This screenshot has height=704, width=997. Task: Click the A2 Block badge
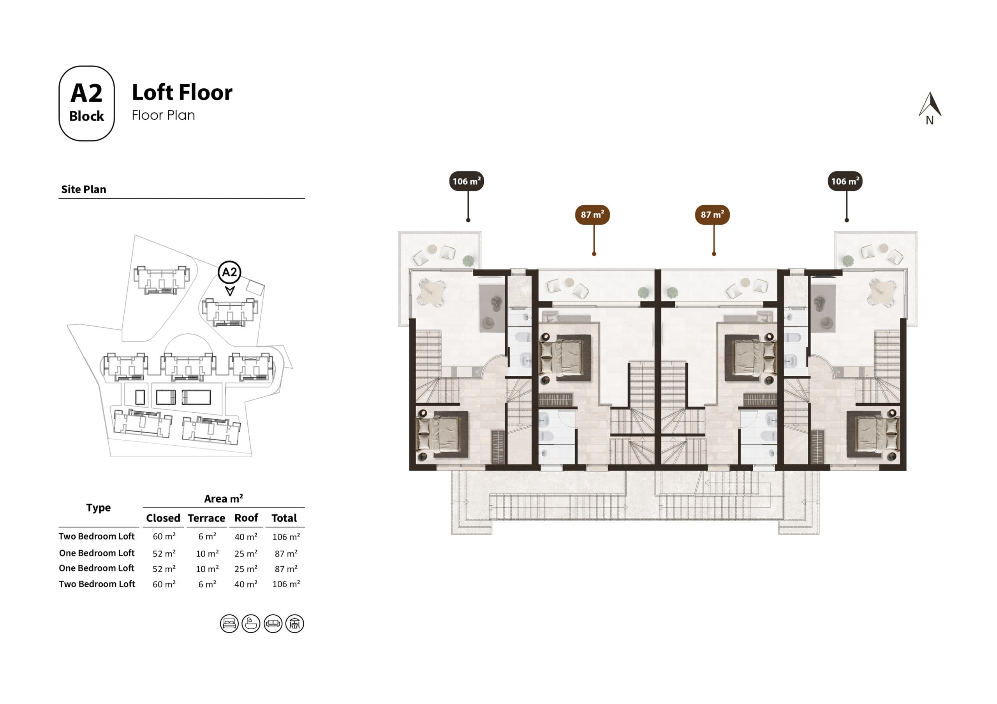[x=86, y=103]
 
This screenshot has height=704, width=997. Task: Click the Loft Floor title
[x=182, y=93]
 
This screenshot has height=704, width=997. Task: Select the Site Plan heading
[x=84, y=189]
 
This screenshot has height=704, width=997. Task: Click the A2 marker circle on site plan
[x=229, y=272]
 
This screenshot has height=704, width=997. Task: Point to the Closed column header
[x=163, y=518]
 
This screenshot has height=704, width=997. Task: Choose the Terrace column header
[x=206, y=518]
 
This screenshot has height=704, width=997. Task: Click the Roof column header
[x=246, y=518]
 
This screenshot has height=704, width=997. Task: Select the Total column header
[x=284, y=518]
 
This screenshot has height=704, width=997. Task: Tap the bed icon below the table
[x=229, y=624]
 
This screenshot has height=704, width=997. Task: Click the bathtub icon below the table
[x=251, y=624]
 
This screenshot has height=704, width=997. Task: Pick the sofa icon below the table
[x=273, y=624]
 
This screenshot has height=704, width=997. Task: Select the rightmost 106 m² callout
[x=845, y=181]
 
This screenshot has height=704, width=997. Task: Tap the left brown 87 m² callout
[x=592, y=215]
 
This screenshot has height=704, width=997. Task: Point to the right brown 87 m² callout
[x=712, y=215]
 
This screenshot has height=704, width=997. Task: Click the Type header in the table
[x=98, y=508]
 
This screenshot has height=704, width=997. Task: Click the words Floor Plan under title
[x=163, y=116]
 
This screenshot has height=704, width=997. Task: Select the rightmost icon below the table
[x=295, y=624]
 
